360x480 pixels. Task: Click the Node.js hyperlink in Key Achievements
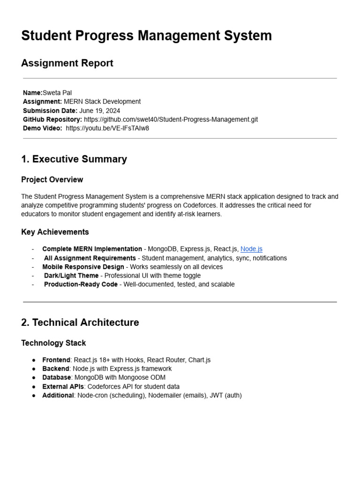pyautogui.click(x=251, y=249)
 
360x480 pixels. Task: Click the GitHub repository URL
pyautogui.click(x=171, y=120)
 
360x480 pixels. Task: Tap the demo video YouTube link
pyautogui.click(x=107, y=128)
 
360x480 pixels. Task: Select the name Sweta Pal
pyautogui.click(x=57, y=93)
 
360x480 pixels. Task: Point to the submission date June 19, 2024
pyautogui.click(x=99, y=111)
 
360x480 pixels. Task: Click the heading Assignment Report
pyautogui.click(x=67, y=63)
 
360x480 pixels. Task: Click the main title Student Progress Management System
pyautogui.click(x=146, y=36)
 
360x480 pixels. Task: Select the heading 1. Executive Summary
pyautogui.click(x=74, y=159)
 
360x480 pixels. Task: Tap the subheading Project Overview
pyautogui.click(x=52, y=180)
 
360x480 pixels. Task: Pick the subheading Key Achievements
pyautogui.click(x=55, y=232)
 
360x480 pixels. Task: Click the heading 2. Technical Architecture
pyautogui.click(x=80, y=322)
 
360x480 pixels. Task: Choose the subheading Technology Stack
pyautogui.click(x=53, y=343)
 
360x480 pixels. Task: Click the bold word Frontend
pyautogui.click(x=56, y=360)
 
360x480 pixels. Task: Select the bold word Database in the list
pyautogui.click(x=56, y=377)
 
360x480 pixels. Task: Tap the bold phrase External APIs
pyautogui.click(x=63, y=386)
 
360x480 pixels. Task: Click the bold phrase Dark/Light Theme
pyautogui.click(x=71, y=276)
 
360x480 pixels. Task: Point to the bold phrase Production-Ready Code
pyautogui.click(x=81, y=285)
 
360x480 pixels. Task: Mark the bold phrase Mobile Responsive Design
pyautogui.click(x=83, y=267)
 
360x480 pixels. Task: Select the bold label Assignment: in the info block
pyautogui.click(x=42, y=102)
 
